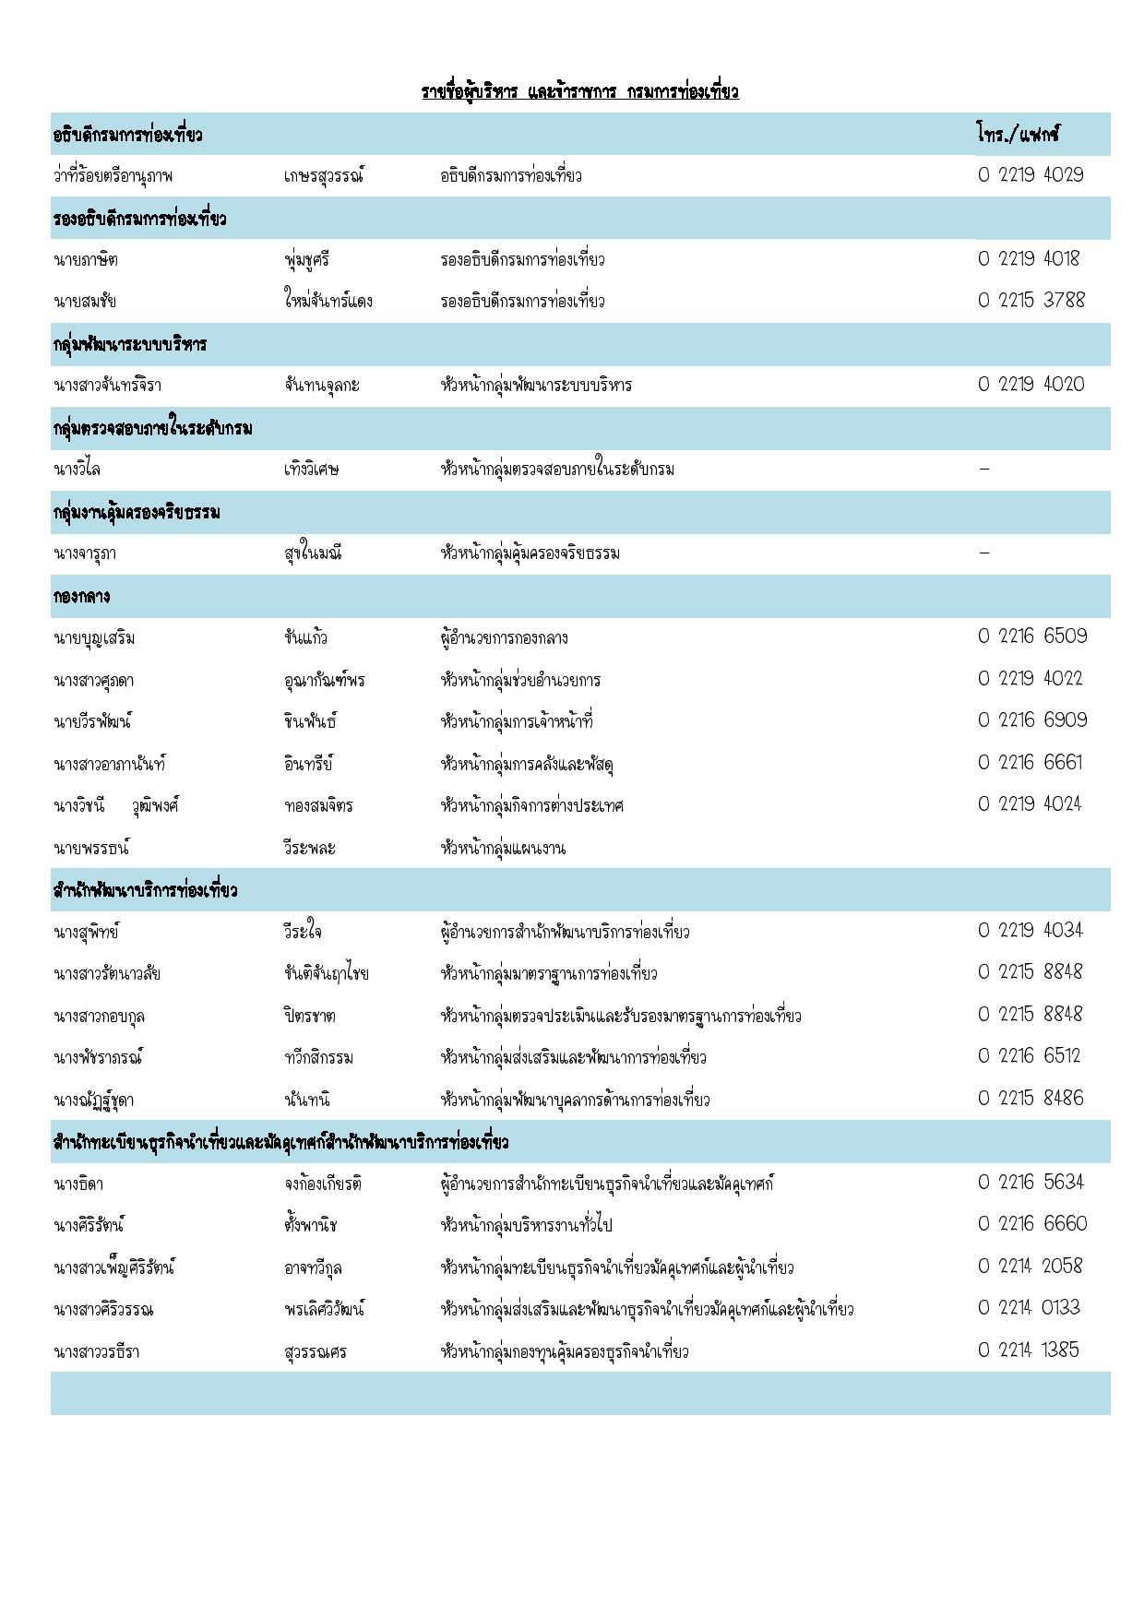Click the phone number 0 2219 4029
(1031, 175)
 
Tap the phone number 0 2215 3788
(1031, 301)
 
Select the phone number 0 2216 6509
(1032, 636)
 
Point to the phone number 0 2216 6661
(1030, 763)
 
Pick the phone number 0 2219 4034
(1030, 931)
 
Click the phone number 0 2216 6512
(1029, 1056)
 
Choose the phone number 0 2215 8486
(1031, 1099)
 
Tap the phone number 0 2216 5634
(1031, 1183)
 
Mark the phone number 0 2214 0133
(1029, 1308)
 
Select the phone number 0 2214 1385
(1028, 1350)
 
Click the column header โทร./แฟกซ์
(1018, 135)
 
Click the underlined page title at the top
(579, 91)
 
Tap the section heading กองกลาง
(81, 597)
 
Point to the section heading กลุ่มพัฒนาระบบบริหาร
(130, 345)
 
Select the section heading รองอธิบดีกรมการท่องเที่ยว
(139, 219)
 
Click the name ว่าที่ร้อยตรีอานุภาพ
(113, 176)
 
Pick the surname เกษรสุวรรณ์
(324, 176)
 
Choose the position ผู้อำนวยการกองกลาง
(504, 638)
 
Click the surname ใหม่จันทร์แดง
(328, 302)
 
